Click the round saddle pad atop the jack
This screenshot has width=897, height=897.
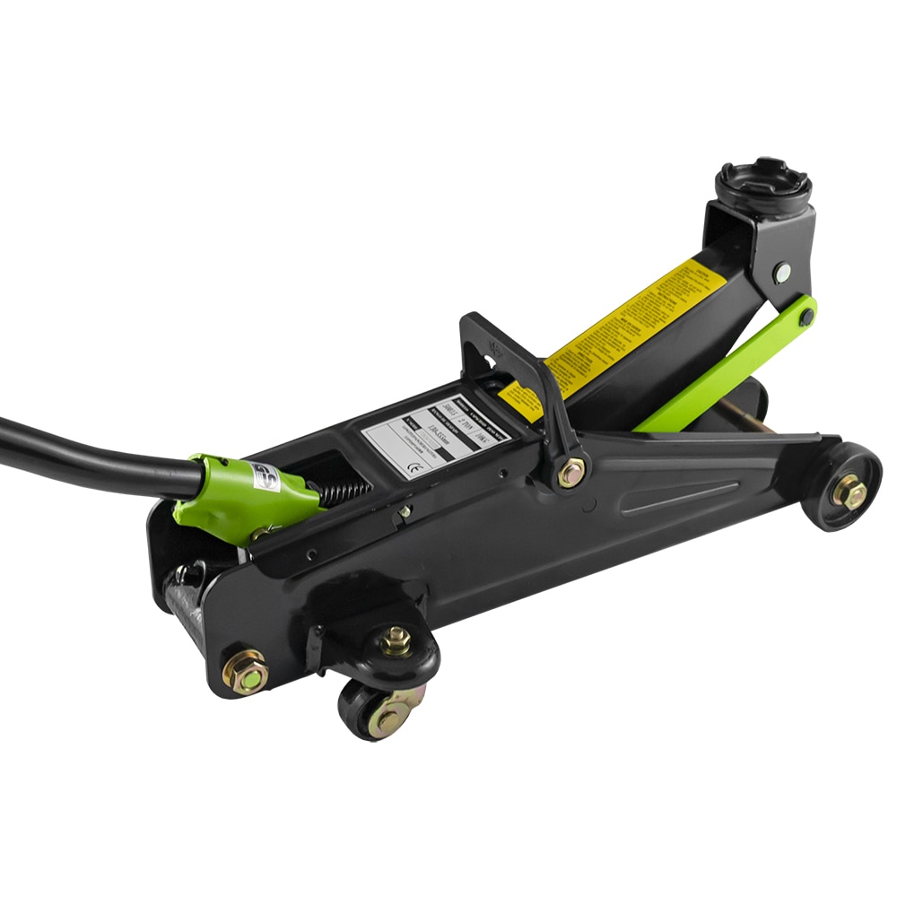[763, 183]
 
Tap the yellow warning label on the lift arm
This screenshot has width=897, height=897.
[628, 332]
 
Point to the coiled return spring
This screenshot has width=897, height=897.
[345, 492]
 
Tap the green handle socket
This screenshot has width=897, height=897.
[242, 498]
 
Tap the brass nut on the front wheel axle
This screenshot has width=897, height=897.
[849, 492]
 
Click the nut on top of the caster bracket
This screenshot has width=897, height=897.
[396, 640]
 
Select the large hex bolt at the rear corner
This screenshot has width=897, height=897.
[245, 672]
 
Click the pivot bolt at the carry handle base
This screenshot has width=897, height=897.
[570, 472]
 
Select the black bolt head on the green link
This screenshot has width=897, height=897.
[807, 316]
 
